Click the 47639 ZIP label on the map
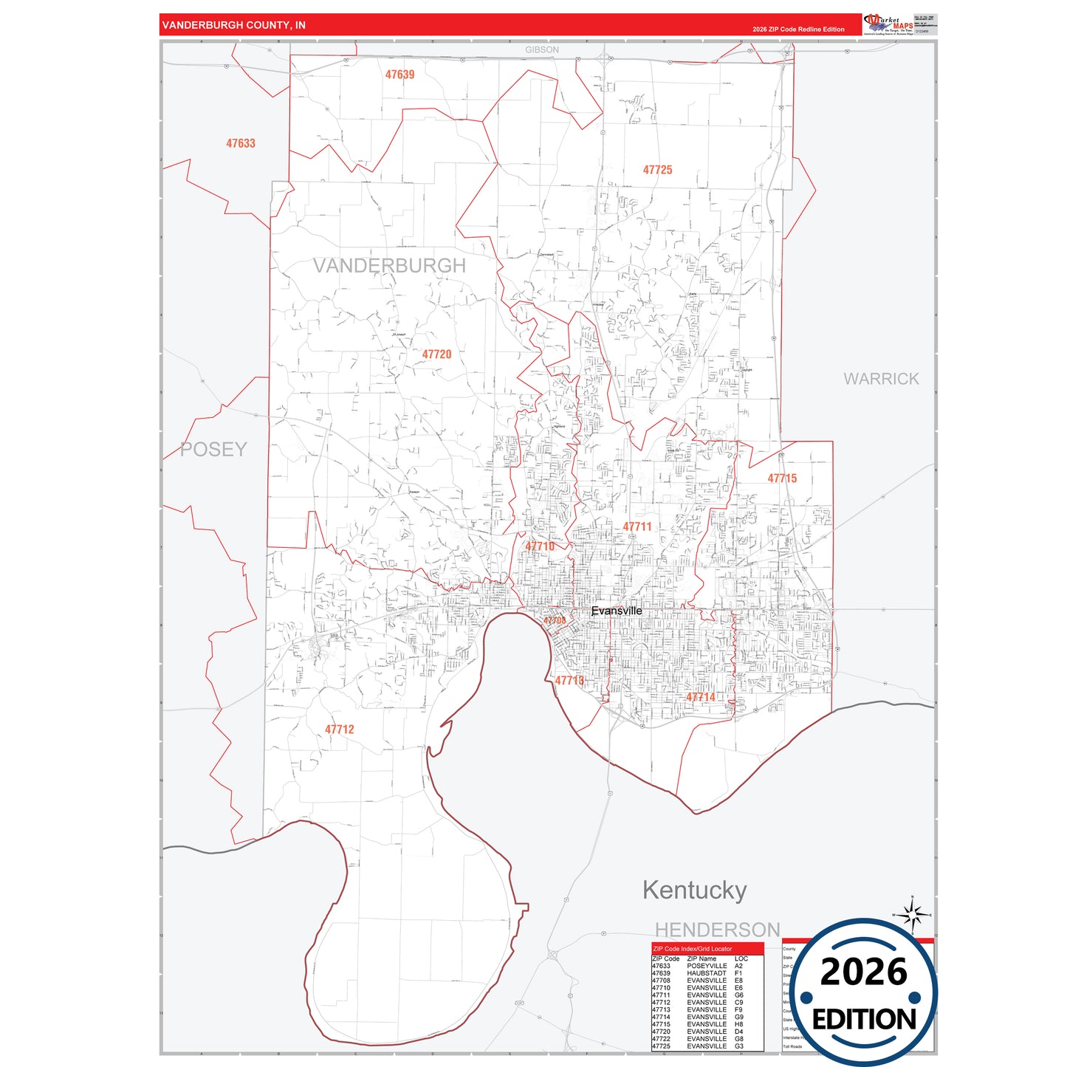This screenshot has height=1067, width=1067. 399,75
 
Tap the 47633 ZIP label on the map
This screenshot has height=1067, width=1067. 241,143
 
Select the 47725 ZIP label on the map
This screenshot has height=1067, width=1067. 657,170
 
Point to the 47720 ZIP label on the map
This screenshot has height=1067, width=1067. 436,354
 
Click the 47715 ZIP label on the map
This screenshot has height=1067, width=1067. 782,478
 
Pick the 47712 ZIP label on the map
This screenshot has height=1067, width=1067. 340,730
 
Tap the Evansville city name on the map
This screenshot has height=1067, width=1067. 617,611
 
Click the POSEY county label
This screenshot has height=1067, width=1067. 213,449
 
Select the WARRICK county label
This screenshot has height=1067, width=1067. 881,379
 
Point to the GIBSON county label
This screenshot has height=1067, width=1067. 542,49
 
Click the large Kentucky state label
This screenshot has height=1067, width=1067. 694,891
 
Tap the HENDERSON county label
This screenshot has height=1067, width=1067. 717,930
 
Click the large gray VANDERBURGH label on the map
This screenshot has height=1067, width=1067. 389,266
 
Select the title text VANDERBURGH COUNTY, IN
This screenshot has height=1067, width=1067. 233,25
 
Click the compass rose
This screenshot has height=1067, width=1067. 913,916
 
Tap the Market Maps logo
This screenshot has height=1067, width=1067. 888,24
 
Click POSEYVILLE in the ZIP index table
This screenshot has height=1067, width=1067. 707,966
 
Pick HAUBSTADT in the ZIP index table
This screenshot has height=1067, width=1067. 706,973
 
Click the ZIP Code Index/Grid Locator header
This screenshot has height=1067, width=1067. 693,949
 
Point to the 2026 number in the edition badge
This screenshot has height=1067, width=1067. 863,972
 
